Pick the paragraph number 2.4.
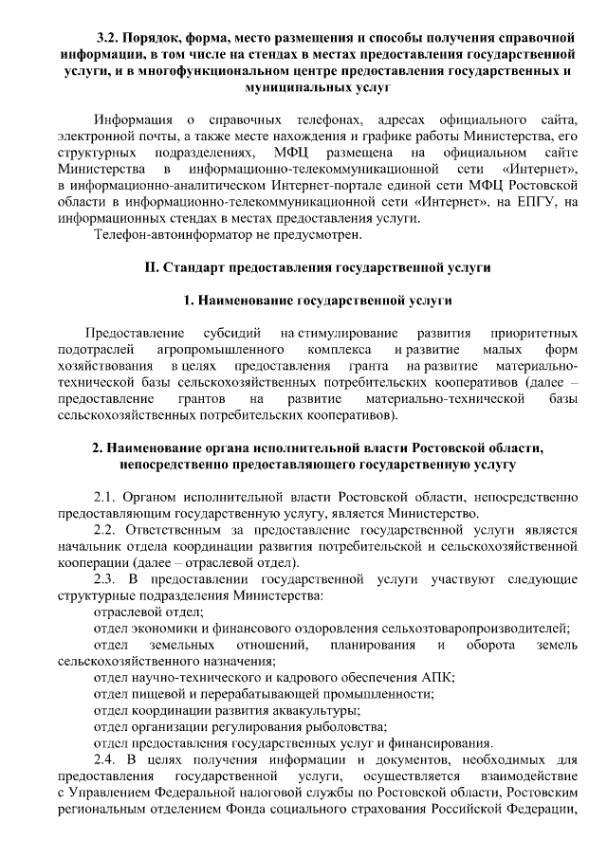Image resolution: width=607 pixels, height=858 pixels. click(x=107, y=758)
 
